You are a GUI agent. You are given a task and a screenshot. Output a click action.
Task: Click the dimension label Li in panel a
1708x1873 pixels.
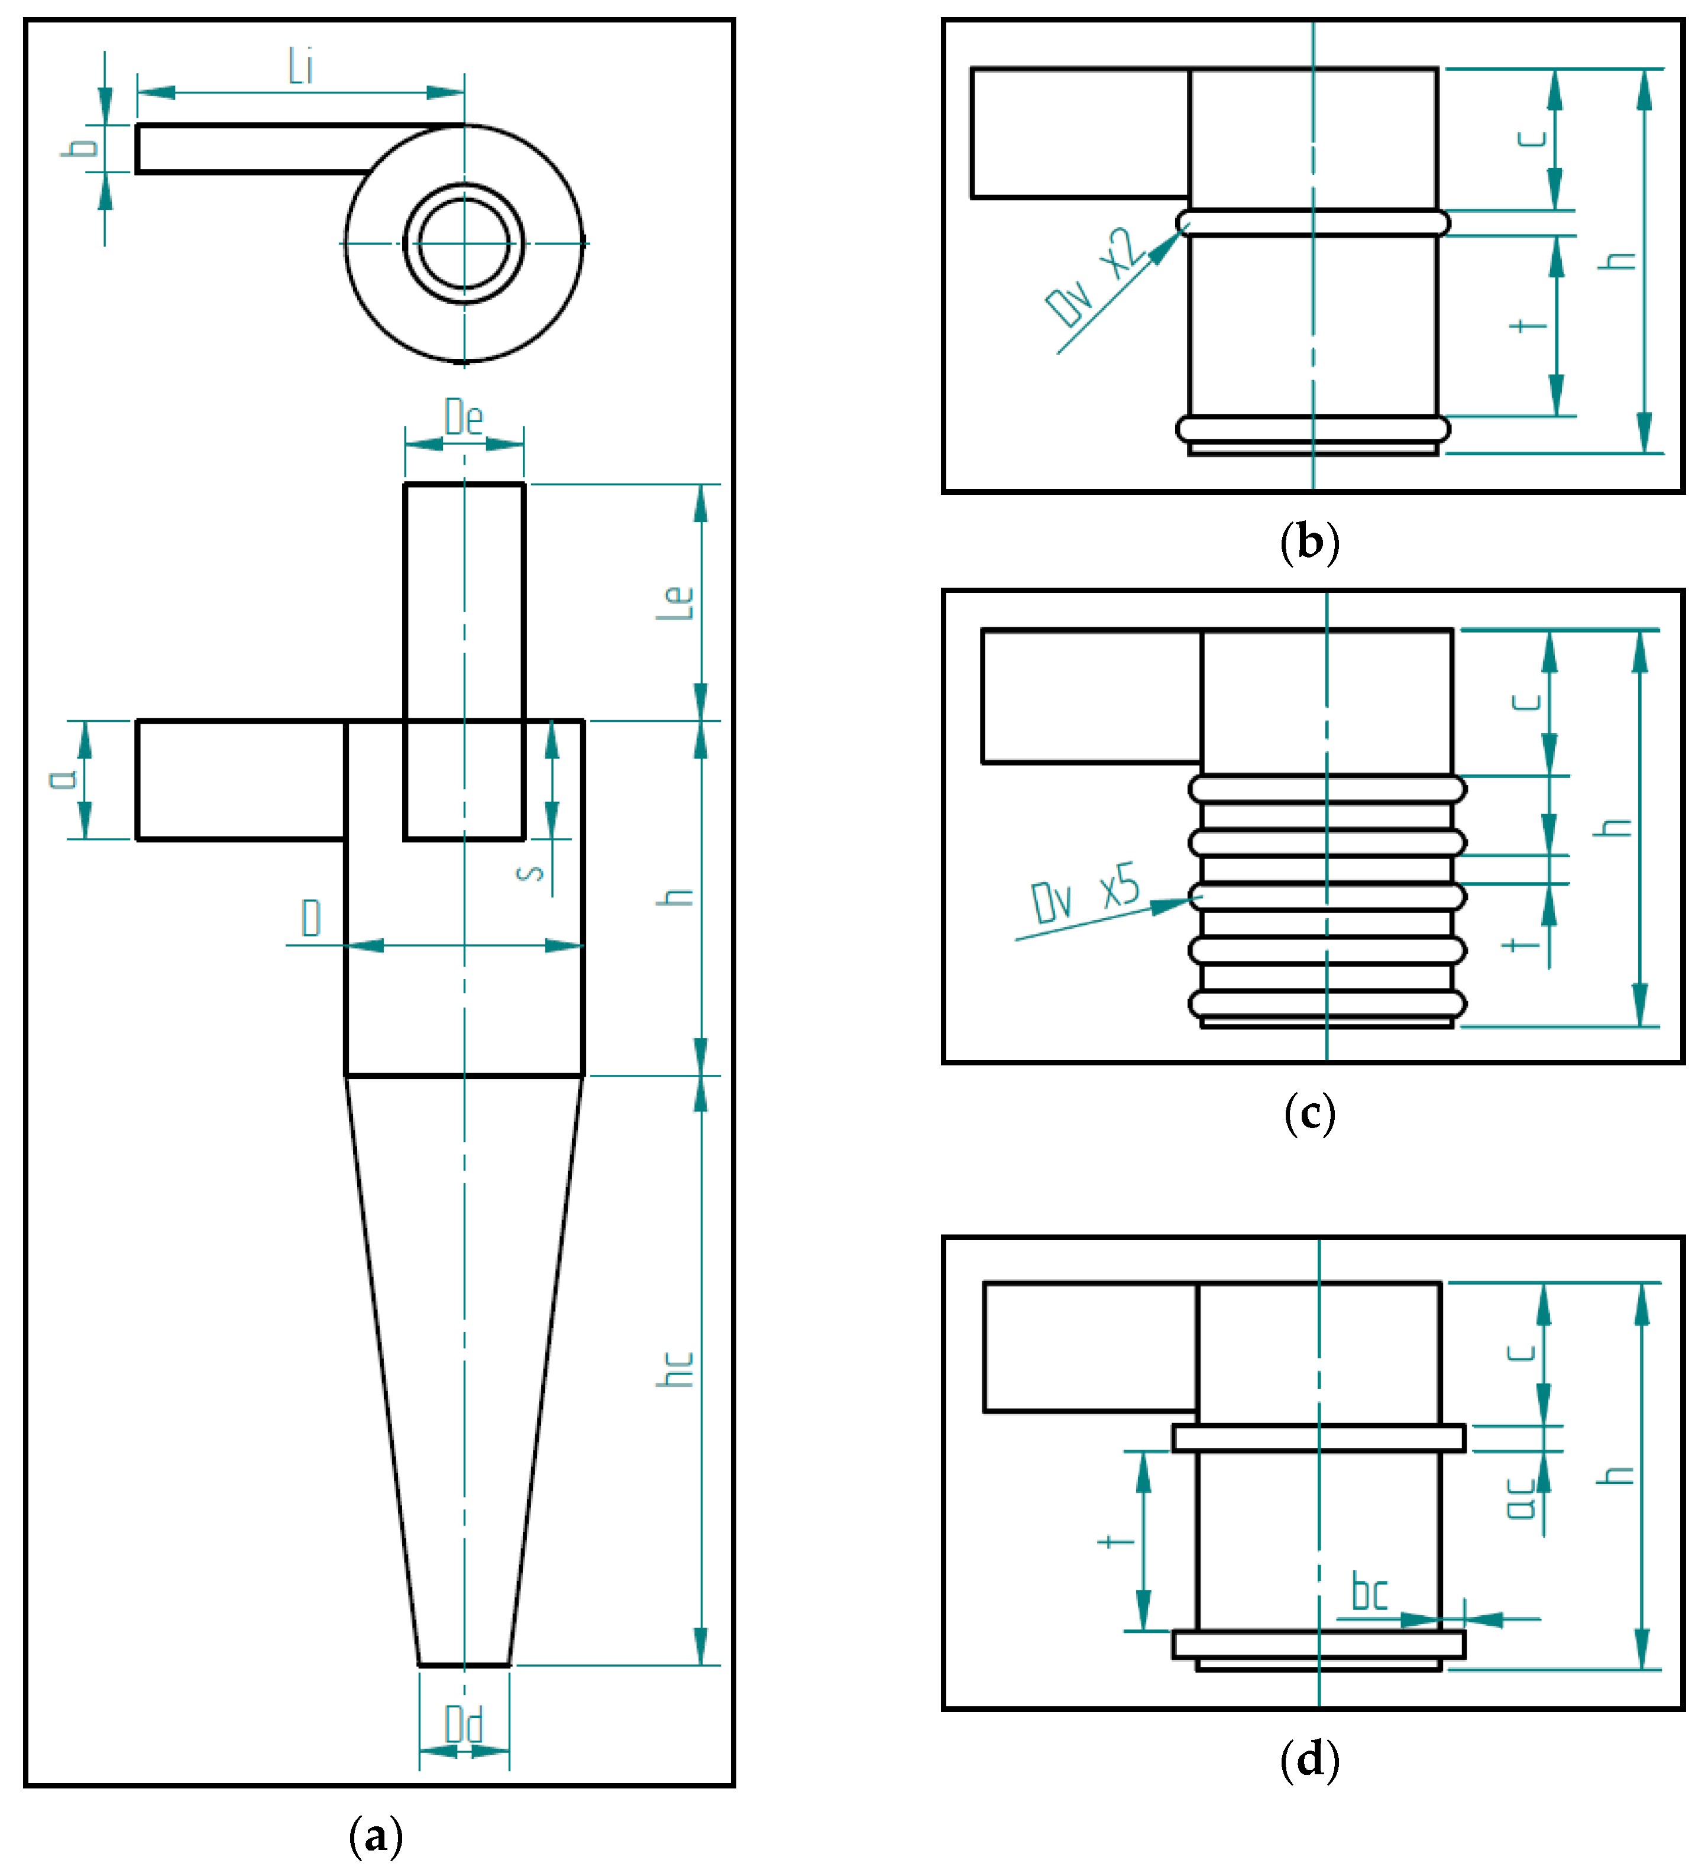[x=300, y=67]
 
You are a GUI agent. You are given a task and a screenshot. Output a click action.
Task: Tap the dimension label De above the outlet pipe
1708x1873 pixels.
[x=464, y=417]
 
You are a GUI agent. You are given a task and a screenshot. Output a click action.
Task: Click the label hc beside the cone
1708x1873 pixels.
[x=677, y=1369]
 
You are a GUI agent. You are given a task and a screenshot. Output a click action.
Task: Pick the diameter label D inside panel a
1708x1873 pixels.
[x=311, y=918]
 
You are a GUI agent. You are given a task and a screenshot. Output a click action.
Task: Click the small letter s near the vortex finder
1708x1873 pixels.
[x=530, y=873]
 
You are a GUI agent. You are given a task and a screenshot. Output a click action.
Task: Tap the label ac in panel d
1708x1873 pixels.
[x=1521, y=1499]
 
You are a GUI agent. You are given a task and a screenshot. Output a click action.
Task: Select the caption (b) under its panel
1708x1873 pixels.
[x=1309, y=543]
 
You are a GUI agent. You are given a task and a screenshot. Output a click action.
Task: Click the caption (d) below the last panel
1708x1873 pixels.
[x=1309, y=1759]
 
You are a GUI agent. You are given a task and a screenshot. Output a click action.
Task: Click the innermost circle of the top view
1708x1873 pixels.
[x=464, y=244]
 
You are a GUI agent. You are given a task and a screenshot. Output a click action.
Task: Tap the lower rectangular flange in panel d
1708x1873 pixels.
[x=1319, y=1644]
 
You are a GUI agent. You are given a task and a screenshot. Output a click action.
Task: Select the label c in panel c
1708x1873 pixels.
[x=1527, y=701]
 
